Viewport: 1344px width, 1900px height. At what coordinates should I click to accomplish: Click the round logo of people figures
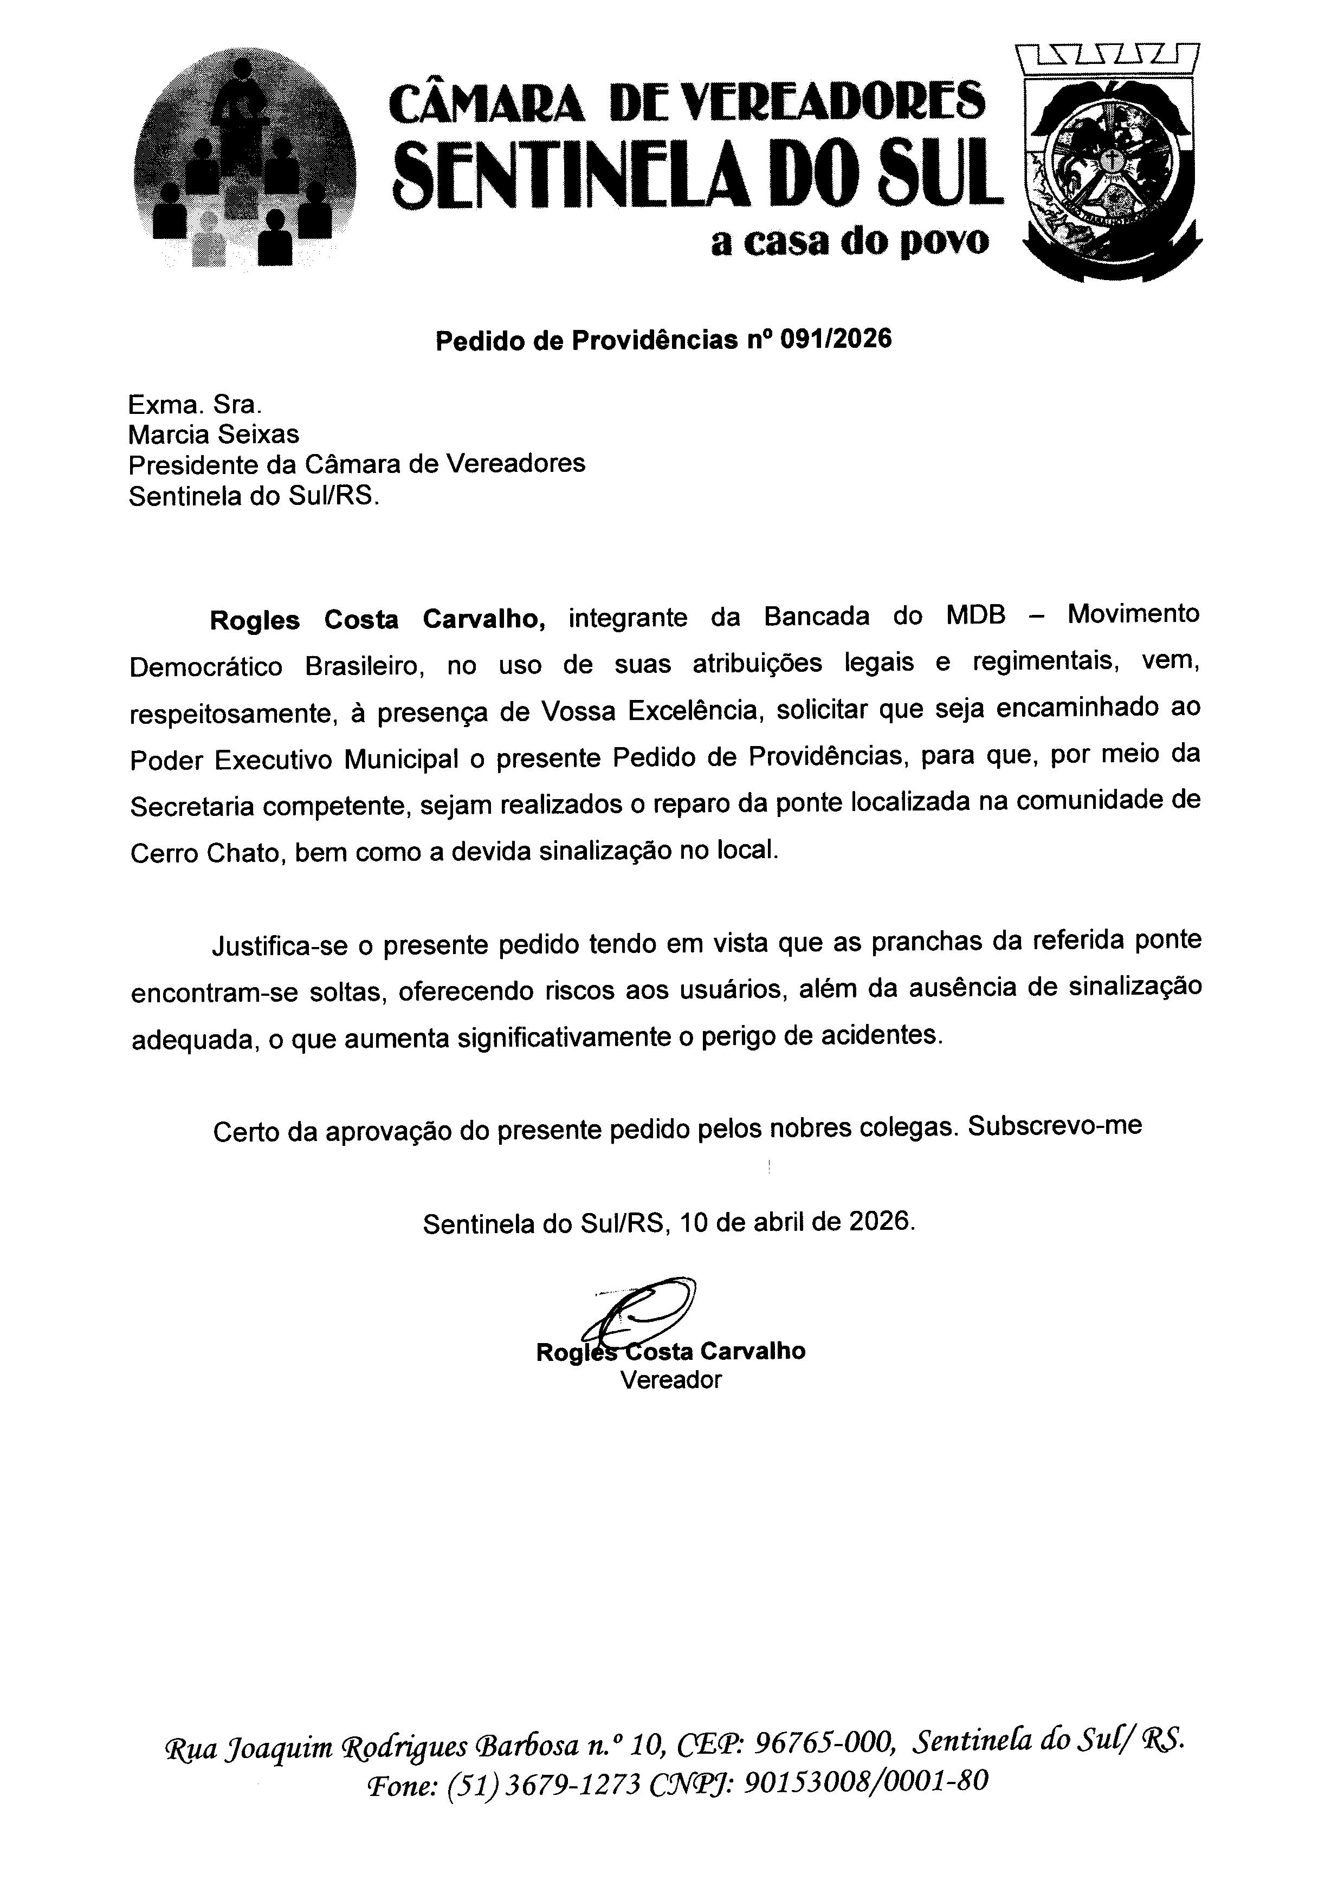pyautogui.click(x=244, y=157)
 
